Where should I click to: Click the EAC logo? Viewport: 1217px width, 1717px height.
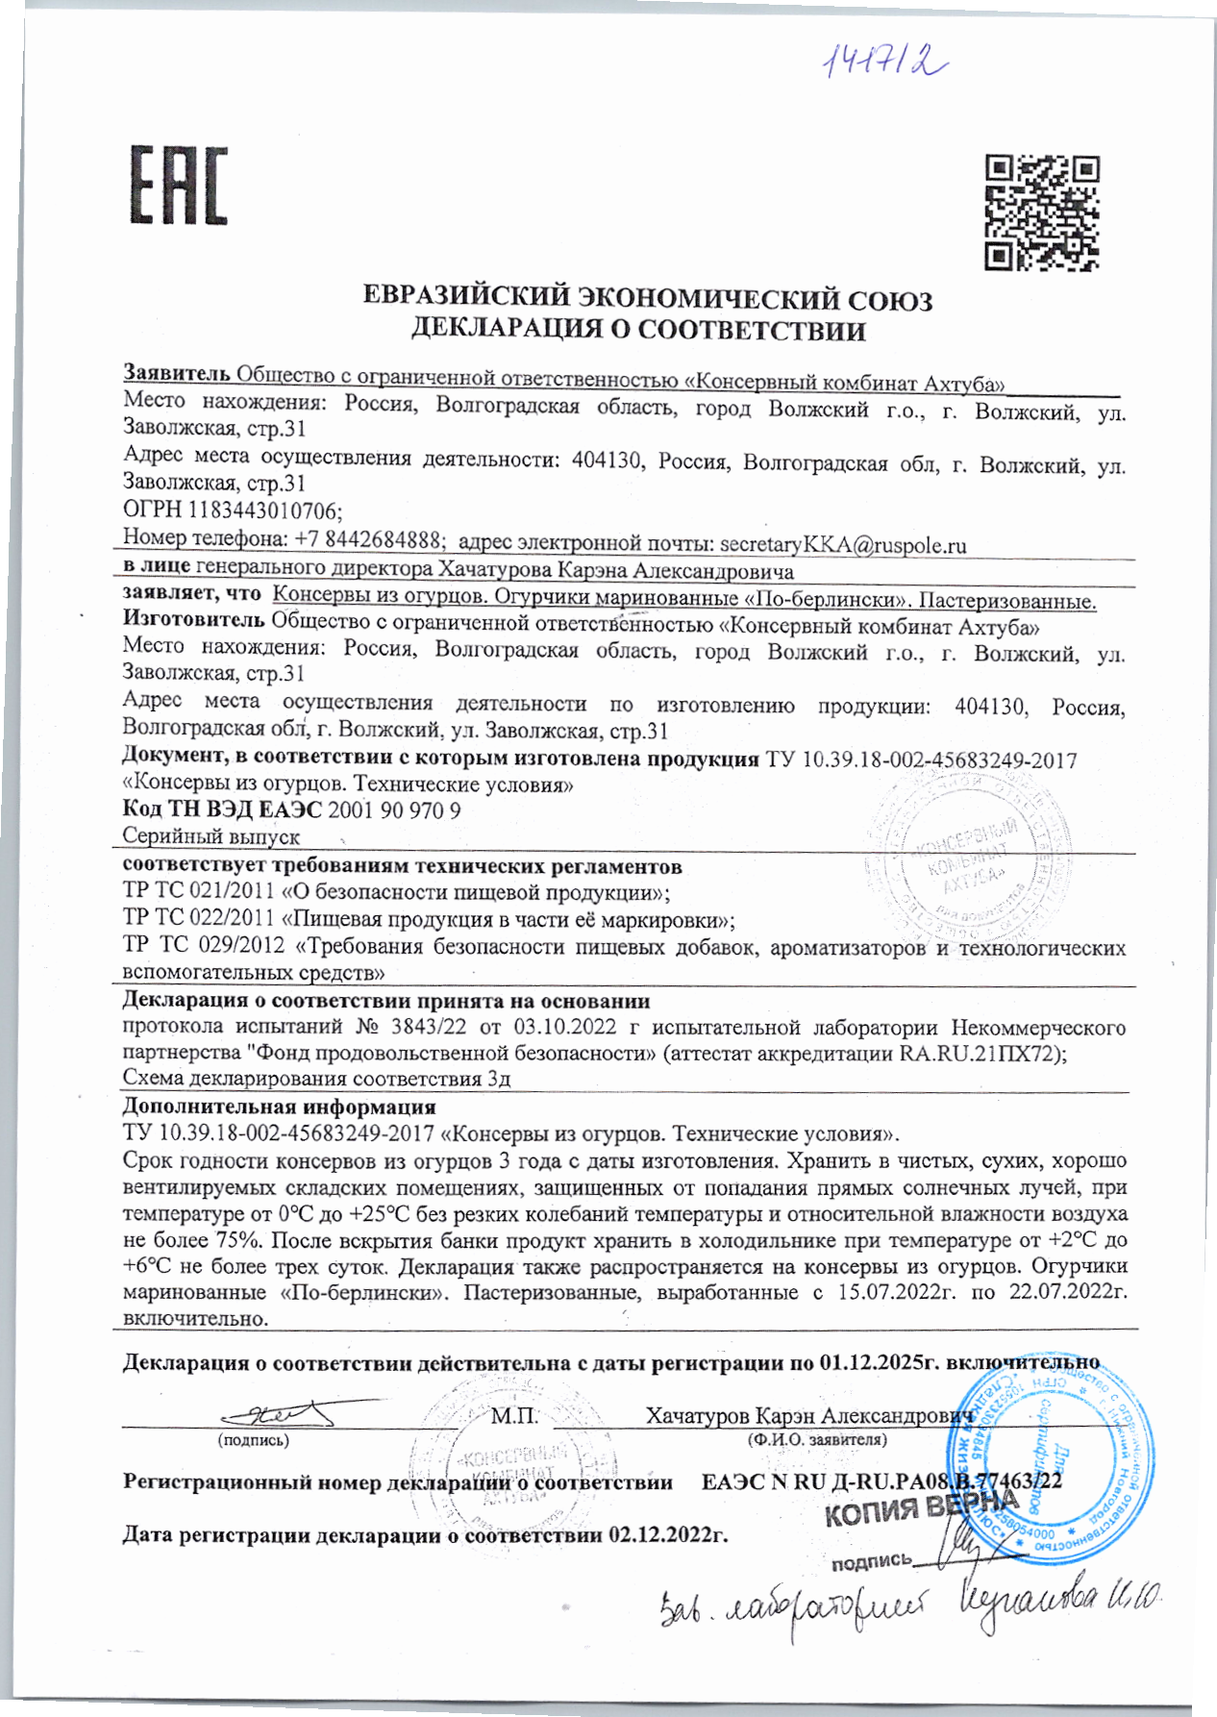[179, 186]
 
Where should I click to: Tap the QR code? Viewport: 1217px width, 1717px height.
[1042, 212]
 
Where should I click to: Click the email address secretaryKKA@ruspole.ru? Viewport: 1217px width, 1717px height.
[842, 545]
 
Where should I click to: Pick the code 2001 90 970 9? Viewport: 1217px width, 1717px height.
[394, 810]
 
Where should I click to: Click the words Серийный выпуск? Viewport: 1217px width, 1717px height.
[211, 837]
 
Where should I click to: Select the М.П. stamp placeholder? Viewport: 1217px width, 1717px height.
[514, 1416]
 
